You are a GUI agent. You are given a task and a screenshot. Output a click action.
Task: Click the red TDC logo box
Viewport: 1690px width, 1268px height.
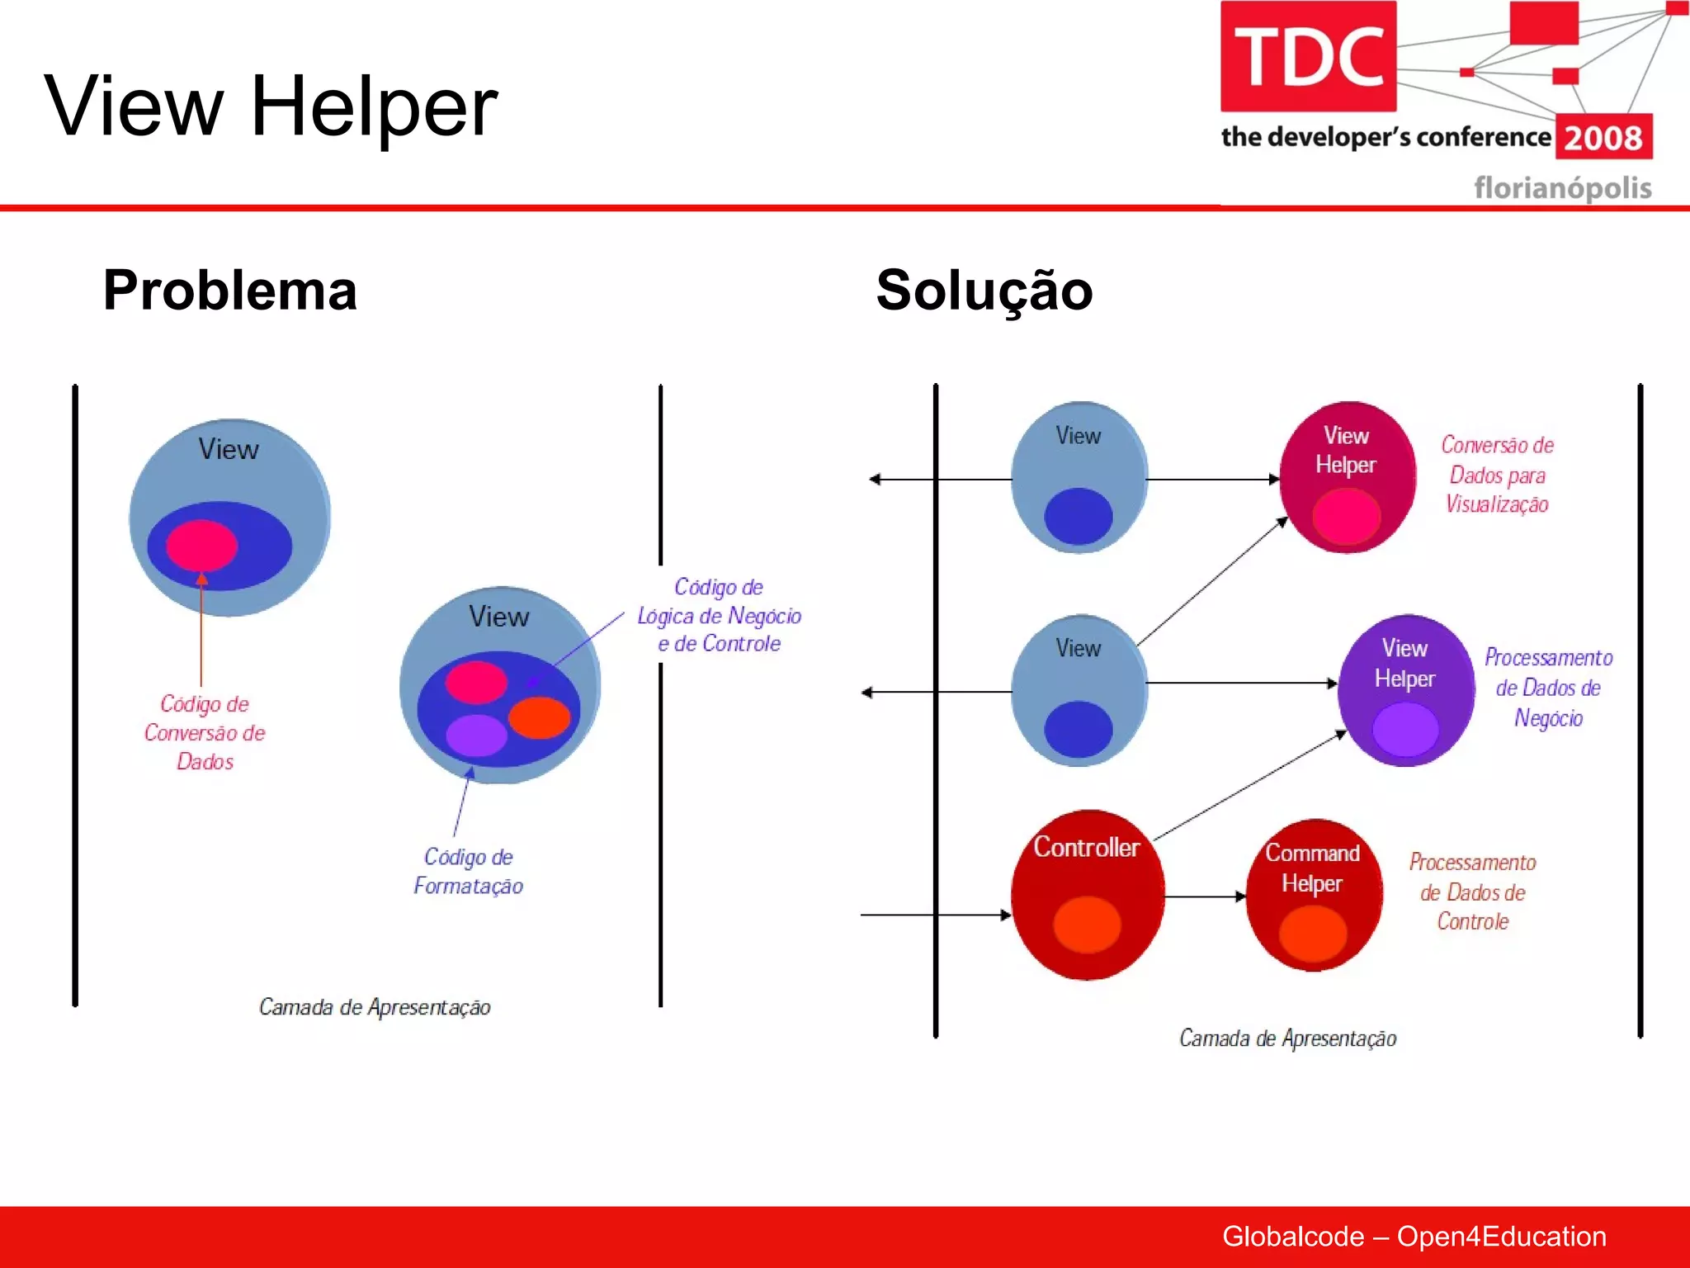tap(1308, 56)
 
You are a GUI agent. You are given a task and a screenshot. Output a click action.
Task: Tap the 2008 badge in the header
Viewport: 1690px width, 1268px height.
tap(1603, 137)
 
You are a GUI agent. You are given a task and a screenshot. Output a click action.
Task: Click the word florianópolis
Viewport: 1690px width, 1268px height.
tap(1562, 188)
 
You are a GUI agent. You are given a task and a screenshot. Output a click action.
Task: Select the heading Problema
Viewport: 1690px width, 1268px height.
tap(229, 291)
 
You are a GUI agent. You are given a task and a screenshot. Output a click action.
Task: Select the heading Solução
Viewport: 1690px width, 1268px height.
tap(984, 291)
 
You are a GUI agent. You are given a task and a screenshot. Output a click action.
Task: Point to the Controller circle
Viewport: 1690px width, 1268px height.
tap(1087, 895)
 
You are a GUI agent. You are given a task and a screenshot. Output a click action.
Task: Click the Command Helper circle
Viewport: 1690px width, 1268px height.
tap(1313, 895)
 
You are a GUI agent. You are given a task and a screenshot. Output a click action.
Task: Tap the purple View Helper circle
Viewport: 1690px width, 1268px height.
tap(1405, 690)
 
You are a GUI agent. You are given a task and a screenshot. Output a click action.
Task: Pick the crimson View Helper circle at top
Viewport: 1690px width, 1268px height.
tap(1346, 477)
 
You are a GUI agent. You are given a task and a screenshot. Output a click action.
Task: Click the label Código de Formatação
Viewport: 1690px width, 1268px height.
tap(468, 871)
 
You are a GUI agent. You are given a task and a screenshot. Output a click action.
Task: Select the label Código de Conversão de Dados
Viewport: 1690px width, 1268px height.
tap(205, 732)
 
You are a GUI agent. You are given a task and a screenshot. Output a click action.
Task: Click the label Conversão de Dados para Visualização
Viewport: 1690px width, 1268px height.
tap(1497, 475)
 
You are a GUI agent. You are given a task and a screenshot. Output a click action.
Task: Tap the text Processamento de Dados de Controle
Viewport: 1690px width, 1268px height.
tap(1472, 892)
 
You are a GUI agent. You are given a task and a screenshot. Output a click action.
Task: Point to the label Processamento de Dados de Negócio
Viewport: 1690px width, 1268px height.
tap(1548, 687)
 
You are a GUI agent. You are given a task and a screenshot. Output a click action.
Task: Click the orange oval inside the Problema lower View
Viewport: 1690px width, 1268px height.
tap(539, 717)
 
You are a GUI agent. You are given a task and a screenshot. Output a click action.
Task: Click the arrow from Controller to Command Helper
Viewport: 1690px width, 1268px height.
tap(1205, 897)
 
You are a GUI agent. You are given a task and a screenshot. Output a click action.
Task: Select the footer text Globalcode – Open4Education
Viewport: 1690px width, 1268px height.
tap(1414, 1236)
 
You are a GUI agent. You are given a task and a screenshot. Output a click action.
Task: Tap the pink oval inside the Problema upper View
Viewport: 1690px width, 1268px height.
tap(201, 545)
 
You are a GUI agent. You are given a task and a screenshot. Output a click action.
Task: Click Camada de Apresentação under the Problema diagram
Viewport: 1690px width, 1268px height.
tap(375, 1007)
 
